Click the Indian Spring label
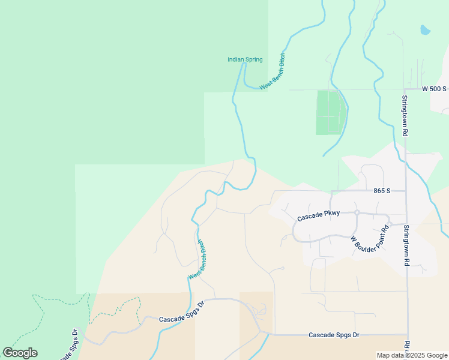pos(245,59)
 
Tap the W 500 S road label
pos(434,89)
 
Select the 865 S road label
pos(381,191)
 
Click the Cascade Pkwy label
pos(319,213)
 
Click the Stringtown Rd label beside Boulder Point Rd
pos(406,245)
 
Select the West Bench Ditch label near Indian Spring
pos(273,72)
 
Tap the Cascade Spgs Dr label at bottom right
pos(334,335)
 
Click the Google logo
pos(20,353)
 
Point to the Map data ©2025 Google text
pos(411,355)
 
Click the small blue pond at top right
pos(425,29)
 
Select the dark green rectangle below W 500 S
pos(331,112)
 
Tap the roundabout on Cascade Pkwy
pos(357,213)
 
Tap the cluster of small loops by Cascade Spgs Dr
pos(261,311)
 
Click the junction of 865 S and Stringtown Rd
pos(406,191)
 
